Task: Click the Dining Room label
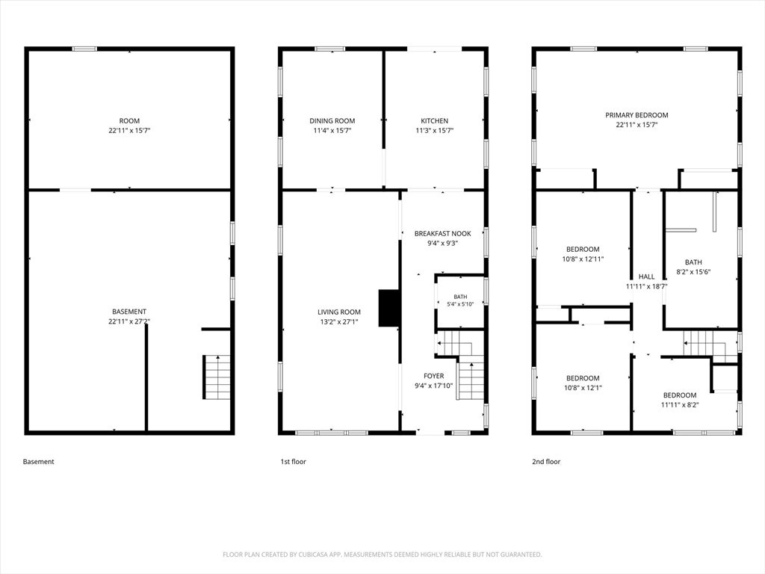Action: click(x=332, y=120)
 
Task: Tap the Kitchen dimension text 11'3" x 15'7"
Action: click(x=435, y=130)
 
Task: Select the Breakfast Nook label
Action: click(x=443, y=233)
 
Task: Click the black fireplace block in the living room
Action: click(x=388, y=308)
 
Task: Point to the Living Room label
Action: click(x=339, y=312)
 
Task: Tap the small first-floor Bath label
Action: click(x=460, y=296)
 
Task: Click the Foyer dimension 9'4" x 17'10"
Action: click(x=434, y=386)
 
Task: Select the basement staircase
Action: click(x=217, y=377)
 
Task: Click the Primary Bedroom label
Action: click(x=637, y=115)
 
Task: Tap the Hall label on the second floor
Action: click(x=646, y=277)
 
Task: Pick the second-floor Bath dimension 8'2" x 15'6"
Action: click(x=693, y=272)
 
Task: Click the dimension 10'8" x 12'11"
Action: click(x=583, y=259)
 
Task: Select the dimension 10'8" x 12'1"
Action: click(x=583, y=388)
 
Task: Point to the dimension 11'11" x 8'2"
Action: click(x=680, y=404)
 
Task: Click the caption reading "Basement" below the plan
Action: click(x=39, y=462)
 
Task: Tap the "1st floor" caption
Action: click(x=293, y=462)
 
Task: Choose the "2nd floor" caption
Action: click(x=546, y=462)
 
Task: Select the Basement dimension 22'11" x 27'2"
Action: click(x=129, y=321)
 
